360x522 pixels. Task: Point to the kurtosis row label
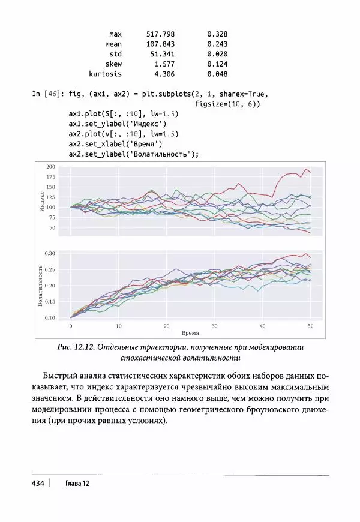105,74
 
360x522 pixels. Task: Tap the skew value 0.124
217,64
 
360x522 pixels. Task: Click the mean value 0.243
217,44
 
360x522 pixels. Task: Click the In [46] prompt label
48,94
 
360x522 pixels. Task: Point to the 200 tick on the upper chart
50,166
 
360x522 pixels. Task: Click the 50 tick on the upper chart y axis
52,228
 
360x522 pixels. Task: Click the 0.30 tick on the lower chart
50,253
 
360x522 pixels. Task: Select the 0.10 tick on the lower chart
50,317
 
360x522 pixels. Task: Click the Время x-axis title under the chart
190,332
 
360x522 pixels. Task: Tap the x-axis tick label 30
214,326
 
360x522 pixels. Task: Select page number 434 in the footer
37,484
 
